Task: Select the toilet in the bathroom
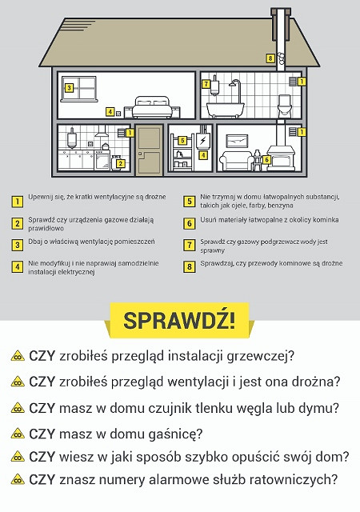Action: (283, 105)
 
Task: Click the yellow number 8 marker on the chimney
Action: (271, 58)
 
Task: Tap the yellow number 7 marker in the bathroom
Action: (206, 83)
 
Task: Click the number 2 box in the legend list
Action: (17, 223)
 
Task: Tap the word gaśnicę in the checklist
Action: (173, 434)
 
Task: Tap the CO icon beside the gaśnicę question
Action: (17, 434)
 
